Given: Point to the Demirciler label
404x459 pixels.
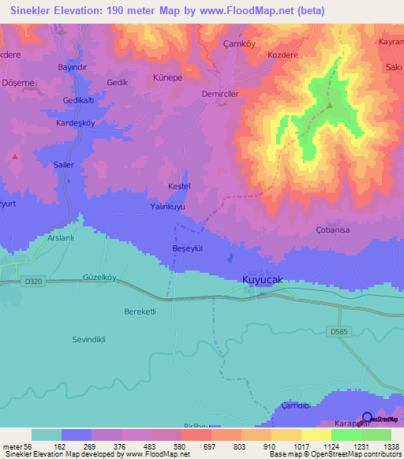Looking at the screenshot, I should click(x=219, y=92).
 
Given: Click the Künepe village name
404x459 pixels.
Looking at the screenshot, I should click(x=167, y=79).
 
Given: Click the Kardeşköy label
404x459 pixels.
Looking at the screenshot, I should click(x=76, y=123).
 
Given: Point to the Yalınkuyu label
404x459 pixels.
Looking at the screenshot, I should click(x=167, y=207).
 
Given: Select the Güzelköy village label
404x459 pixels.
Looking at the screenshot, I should click(x=99, y=278).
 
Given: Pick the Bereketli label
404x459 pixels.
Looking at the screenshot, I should click(x=142, y=312).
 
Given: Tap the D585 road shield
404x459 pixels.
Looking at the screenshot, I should click(x=338, y=332).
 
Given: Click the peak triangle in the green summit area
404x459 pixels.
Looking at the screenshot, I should click(x=330, y=106).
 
